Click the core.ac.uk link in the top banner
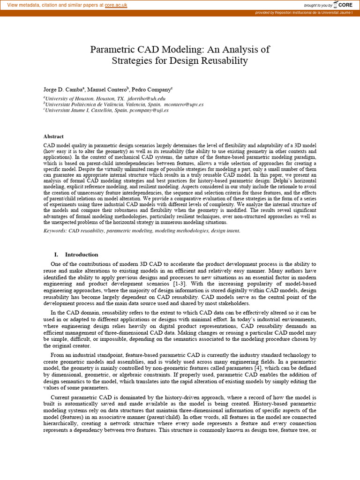tap(116, 5)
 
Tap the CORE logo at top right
tap(343, 5)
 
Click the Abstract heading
tap(53, 136)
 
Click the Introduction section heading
tap(81, 255)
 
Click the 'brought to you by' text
tap(318, 5)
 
